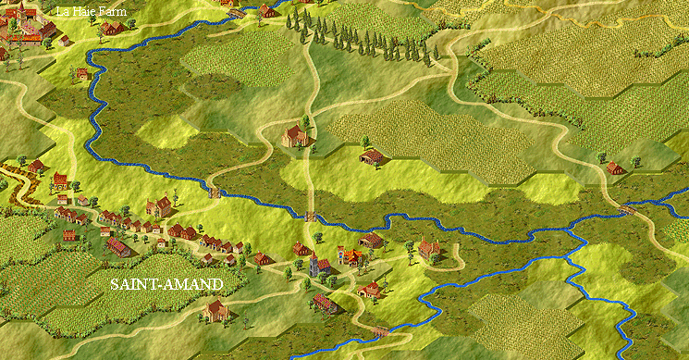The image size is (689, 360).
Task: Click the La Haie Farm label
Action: (x=92, y=11)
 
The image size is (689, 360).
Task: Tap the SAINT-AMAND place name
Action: (x=166, y=284)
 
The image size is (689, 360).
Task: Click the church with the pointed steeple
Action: (x=315, y=266)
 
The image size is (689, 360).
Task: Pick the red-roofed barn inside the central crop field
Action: (x=372, y=156)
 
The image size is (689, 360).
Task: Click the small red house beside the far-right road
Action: (x=615, y=168)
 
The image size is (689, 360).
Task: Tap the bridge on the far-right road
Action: (x=628, y=210)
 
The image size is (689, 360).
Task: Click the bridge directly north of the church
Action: (x=312, y=216)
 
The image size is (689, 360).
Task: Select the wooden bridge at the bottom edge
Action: (x=378, y=329)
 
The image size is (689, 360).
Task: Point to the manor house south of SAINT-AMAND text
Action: (x=217, y=310)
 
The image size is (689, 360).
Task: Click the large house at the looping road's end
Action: (x=428, y=248)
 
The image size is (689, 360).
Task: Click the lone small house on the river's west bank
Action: (x=82, y=73)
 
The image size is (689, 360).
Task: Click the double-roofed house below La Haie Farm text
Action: (x=112, y=29)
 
